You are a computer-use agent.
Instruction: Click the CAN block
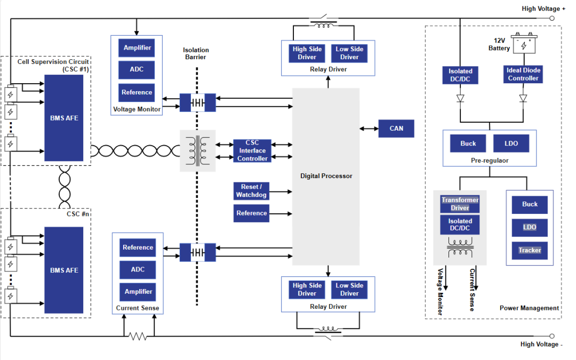[396, 129]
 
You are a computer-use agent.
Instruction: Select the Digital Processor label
[326, 176]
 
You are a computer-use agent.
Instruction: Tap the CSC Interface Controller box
[252, 151]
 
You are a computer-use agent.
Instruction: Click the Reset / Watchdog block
[252, 191]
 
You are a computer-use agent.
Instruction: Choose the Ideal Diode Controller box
[523, 74]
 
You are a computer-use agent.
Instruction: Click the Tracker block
[530, 250]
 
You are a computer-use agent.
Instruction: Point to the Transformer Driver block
[460, 204]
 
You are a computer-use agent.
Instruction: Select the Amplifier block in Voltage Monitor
[137, 48]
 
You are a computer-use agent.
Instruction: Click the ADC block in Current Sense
[138, 269]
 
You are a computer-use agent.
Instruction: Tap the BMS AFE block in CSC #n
[64, 270]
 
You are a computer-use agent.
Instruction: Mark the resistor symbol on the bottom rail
[138, 337]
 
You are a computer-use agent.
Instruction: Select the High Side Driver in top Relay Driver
[307, 53]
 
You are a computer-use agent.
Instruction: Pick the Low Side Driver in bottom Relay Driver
[349, 290]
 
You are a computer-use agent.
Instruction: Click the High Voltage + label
[543, 9]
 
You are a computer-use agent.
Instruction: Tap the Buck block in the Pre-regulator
[468, 143]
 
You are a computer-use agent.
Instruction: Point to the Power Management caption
[529, 308]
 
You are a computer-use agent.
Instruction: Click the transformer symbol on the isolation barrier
[198, 150]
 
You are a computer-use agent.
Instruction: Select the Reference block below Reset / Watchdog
[252, 213]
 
